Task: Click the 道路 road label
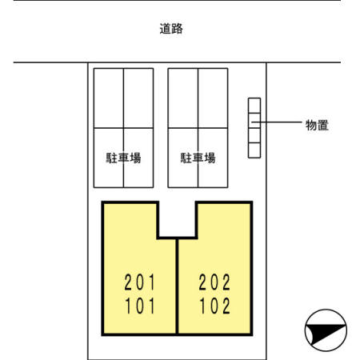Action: tap(171, 29)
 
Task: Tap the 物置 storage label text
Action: tap(317, 125)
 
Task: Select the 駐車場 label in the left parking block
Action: tap(123, 158)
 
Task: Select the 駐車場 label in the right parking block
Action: tap(198, 158)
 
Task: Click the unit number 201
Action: tap(139, 282)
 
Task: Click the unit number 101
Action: tap(140, 306)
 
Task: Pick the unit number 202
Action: tap(214, 282)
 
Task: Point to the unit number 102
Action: tap(214, 306)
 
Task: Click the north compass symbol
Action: tap(326, 330)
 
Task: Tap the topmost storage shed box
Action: tap(254, 106)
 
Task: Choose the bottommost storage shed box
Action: tap(254, 150)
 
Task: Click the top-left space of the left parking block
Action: tap(109, 98)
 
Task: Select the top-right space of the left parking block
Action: tap(138, 98)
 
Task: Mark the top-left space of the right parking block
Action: tap(183, 98)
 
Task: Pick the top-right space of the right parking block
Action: tap(213, 98)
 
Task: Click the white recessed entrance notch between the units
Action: tap(178, 219)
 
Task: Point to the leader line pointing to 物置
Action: tap(277, 122)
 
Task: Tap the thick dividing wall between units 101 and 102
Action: tap(177, 286)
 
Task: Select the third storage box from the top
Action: tap(254, 135)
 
